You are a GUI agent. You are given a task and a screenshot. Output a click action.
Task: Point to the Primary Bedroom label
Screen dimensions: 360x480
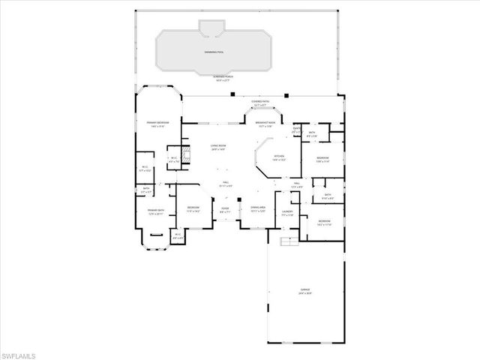157,124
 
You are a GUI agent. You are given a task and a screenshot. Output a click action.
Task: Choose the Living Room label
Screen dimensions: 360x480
219,148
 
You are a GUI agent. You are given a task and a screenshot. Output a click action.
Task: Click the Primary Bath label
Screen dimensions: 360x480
156,212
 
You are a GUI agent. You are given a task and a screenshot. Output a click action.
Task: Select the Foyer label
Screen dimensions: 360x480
224,211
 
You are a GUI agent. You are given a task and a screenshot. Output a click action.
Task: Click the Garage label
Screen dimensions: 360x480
304,291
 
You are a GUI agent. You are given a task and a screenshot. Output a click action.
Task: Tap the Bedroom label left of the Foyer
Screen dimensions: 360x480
193,208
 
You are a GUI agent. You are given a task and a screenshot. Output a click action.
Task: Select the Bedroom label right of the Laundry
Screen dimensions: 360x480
324,223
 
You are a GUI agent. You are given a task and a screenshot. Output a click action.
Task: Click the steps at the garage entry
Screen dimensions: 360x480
286,242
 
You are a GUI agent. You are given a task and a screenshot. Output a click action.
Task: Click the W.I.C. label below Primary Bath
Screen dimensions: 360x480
178,236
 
